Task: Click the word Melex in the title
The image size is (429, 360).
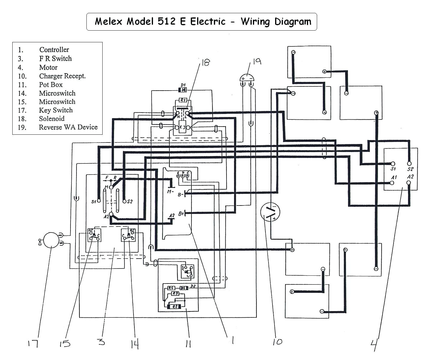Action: [x=108, y=22]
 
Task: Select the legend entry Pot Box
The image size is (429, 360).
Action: [x=51, y=85]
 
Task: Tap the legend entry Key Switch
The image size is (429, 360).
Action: [x=56, y=110]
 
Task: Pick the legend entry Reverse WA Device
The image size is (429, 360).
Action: [x=68, y=127]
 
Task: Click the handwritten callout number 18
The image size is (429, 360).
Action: [x=205, y=62]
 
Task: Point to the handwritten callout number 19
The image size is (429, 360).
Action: [x=257, y=61]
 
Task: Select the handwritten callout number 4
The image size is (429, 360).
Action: [x=374, y=345]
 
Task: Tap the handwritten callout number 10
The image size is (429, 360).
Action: [x=277, y=342]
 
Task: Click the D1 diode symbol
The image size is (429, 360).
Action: [x=182, y=90]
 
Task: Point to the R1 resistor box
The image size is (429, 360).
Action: [x=183, y=100]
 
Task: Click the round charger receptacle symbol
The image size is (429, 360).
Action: [x=270, y=212]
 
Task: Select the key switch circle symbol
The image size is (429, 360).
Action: [x=51, y=240]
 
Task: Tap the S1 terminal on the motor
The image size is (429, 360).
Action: [x=393, y=164]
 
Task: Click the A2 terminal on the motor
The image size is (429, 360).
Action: [x=409, y=182]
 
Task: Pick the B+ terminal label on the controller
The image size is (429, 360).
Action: [x=181, y=214]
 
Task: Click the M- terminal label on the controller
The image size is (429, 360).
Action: [x=170, y=191]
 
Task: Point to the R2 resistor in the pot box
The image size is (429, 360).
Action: [x=175, y=307]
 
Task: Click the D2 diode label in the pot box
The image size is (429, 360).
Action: [x=193, y=286]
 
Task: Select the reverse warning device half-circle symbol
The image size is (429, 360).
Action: [x=247, y=78]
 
